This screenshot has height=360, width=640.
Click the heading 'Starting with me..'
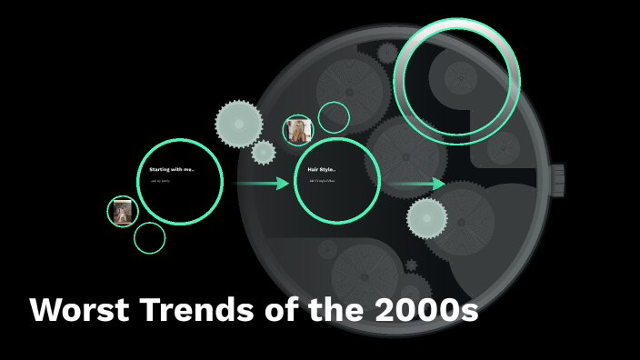point(172,169)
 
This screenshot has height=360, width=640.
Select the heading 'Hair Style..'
point(322,169)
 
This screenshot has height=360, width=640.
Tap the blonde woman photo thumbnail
point(298,131)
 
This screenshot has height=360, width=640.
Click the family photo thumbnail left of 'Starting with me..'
point(122,212)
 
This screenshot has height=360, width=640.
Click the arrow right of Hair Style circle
point(419,185)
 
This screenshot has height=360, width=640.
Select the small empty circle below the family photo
point(149,238)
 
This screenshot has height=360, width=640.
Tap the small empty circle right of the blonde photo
point(334,117)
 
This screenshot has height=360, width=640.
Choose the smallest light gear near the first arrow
point(264,152)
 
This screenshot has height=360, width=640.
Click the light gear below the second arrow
point(426,217)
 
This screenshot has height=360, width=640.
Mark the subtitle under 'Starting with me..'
point(159,181)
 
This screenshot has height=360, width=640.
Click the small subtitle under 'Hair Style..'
point(322,181)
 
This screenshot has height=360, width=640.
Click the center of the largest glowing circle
point(457,80)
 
